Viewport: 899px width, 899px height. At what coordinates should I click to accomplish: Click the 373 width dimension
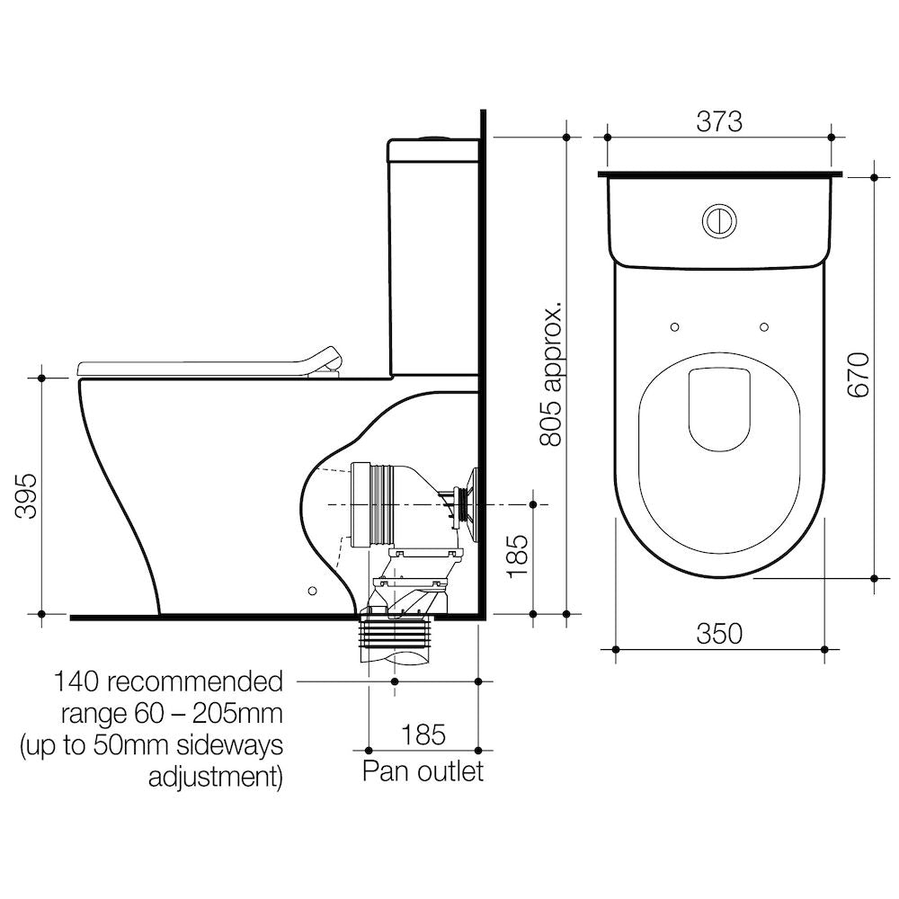[x=719, y=121]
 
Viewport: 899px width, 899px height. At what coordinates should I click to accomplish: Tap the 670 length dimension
[x=859, y=376]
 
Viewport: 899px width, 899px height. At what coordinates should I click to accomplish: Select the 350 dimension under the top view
[x=719, y=634]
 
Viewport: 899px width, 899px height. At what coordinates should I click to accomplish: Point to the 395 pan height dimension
[x=26, y=496]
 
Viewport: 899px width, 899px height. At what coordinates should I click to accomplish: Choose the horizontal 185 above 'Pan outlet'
[x=423, y=734]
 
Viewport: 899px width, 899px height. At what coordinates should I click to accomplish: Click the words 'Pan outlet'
[x=423, y=771]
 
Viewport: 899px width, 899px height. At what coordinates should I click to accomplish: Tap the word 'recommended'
[x=195, y=682]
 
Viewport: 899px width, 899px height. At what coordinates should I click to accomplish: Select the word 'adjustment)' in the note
[x=216, y=778]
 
